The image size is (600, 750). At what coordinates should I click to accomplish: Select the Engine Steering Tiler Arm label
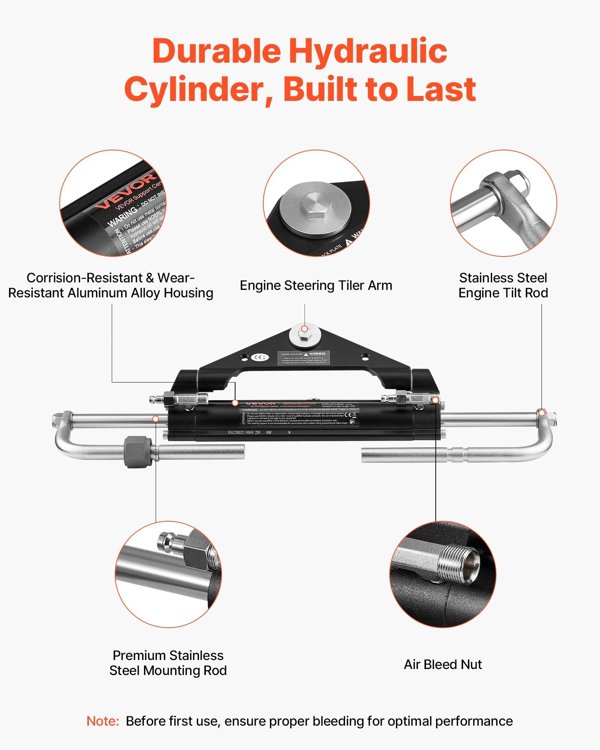(316, 285)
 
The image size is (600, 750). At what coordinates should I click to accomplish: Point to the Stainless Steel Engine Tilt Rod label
(503, 285)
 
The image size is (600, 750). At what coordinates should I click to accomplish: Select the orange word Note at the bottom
(102, 721)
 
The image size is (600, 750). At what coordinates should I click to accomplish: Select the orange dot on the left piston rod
(156, 418)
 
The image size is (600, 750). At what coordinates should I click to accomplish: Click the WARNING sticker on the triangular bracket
(304, 358)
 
